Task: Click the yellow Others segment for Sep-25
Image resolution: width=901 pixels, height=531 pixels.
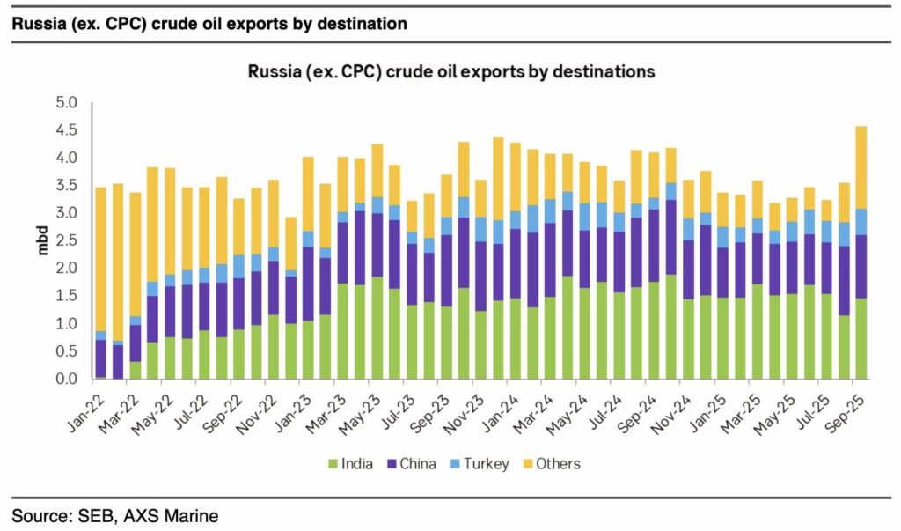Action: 860,167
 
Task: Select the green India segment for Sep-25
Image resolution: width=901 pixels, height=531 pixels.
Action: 860,339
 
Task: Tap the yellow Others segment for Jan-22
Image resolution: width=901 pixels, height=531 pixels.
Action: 100,260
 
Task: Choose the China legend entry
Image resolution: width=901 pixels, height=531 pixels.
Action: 414,463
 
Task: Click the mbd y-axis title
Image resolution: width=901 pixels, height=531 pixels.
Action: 43,240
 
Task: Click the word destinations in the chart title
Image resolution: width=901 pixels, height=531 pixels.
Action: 590,72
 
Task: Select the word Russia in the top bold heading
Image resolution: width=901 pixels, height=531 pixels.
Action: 36,24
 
